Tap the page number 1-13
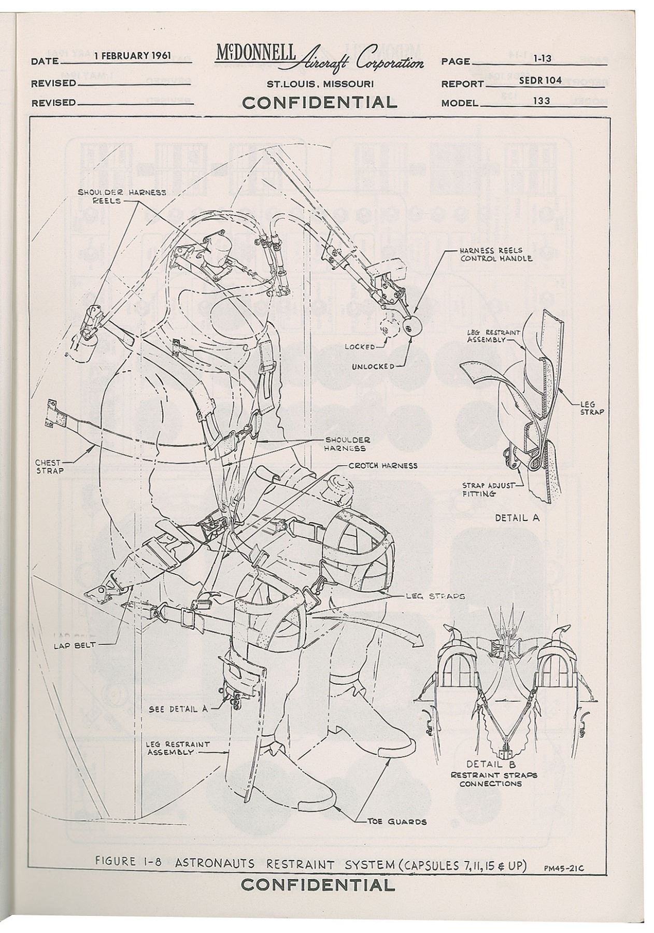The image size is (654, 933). point(542,59)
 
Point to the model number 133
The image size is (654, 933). point(542,101)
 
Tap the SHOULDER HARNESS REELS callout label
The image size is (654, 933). point(122,196)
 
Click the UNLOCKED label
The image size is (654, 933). point(373,366)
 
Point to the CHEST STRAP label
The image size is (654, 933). point(48,466)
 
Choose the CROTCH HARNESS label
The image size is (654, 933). point(382,465)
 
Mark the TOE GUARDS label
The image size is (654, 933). point(397,822)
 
